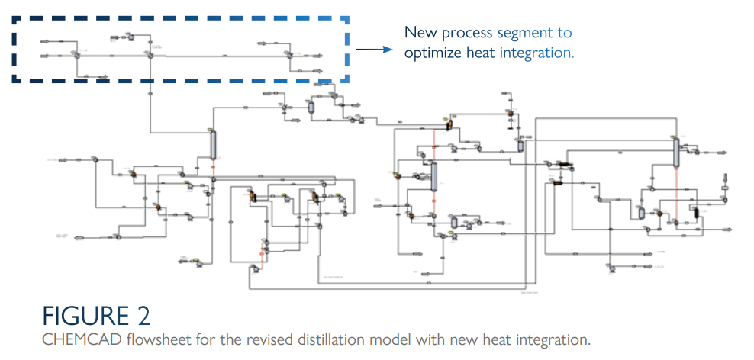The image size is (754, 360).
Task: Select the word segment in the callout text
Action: (x=522, y=33)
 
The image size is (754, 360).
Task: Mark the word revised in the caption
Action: (x=245, y=339)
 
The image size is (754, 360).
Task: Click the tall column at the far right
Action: (x=677, y=153)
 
